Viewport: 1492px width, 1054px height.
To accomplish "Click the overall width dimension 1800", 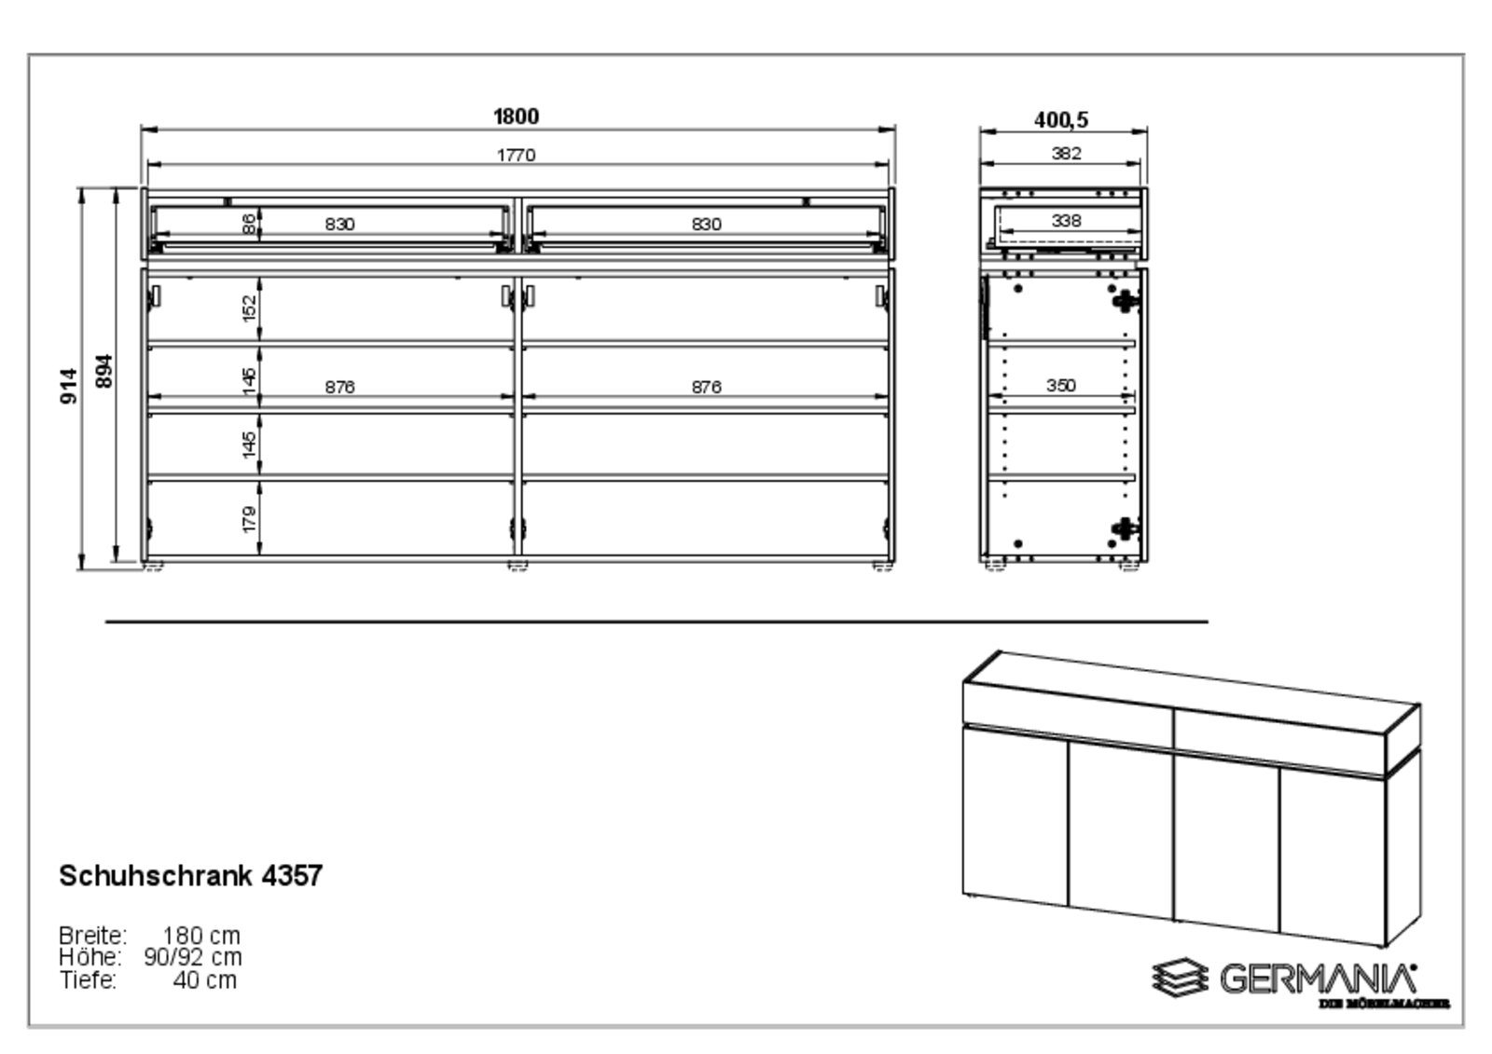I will point(516,116).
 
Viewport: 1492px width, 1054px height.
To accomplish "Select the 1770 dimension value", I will point(516,155).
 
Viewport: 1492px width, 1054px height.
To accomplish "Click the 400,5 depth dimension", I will point(1061,120).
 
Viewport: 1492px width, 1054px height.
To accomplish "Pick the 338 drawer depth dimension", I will point(1066,221).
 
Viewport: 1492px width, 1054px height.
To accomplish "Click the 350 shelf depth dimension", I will point(1060,385).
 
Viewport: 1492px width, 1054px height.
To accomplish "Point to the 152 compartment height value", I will point(249,308).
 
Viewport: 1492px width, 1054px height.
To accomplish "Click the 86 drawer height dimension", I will point(249,224).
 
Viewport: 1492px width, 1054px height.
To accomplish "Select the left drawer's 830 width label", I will point(340,224).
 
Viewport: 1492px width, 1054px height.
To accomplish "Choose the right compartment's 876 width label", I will point(706,387).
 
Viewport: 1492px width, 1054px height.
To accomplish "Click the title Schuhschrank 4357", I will point(191,876).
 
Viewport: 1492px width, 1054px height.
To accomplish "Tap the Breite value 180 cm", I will point(200,935).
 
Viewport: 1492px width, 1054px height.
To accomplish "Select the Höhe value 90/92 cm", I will point(193,957).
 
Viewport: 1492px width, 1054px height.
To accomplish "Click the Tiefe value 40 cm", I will point(204,979).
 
